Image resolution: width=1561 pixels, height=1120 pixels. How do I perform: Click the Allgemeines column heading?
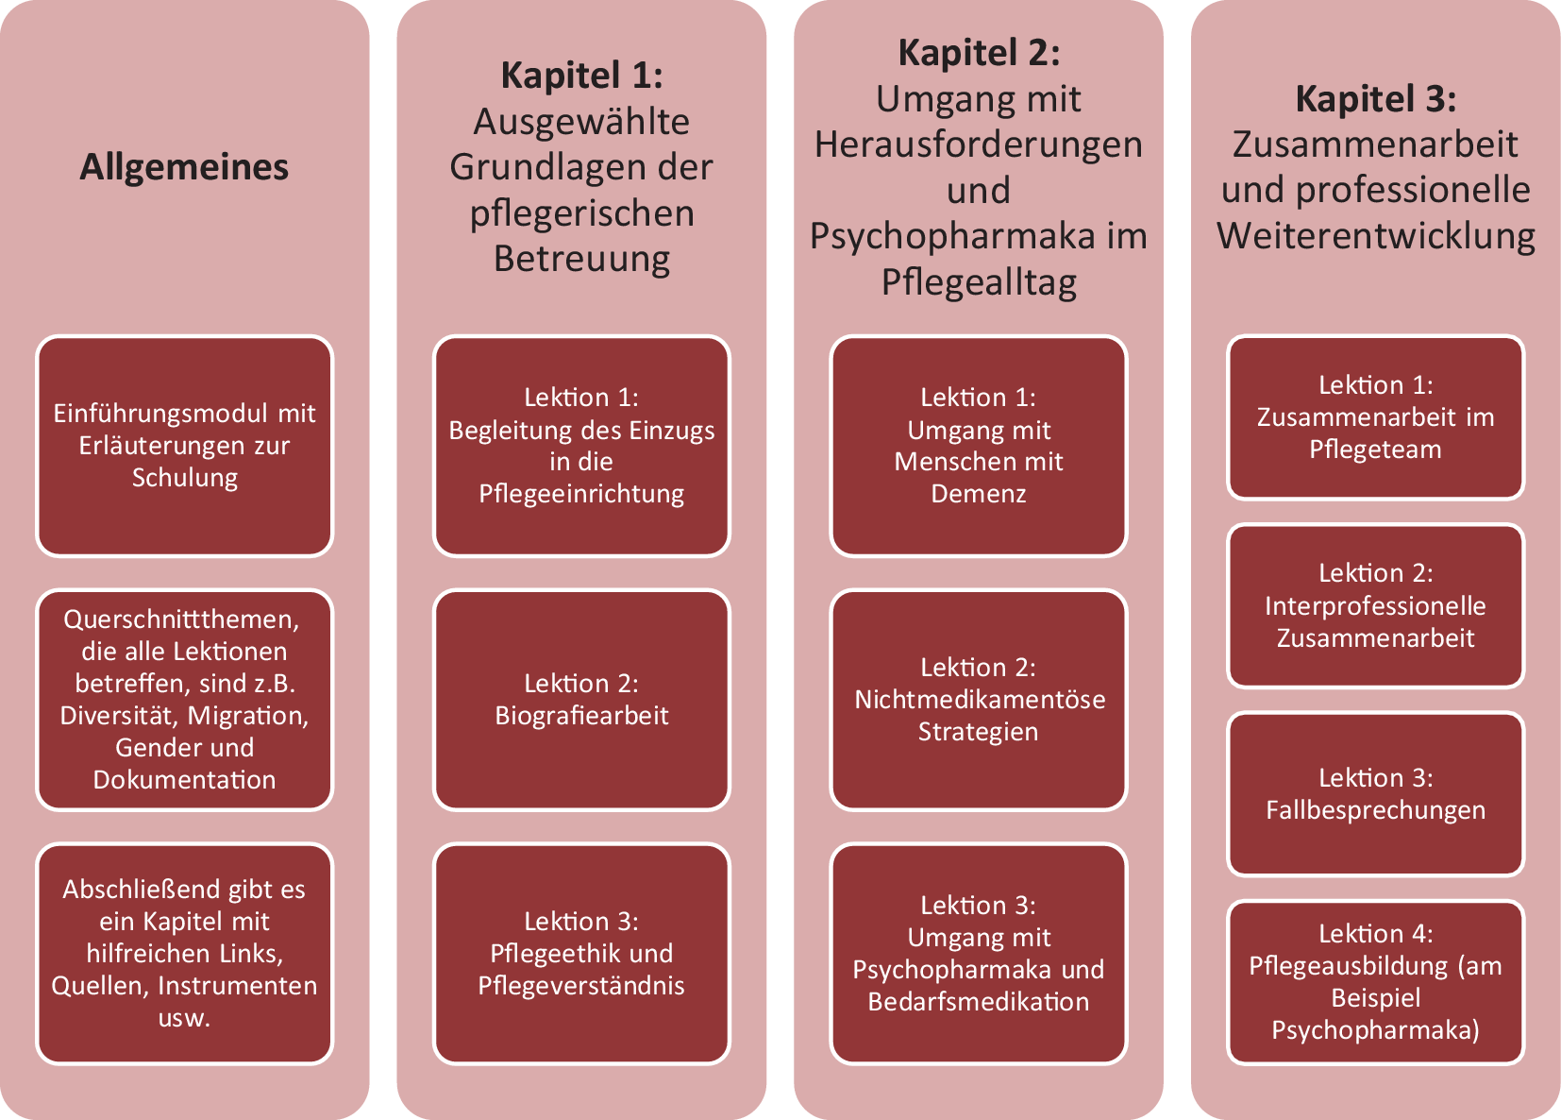[x=184, y=167]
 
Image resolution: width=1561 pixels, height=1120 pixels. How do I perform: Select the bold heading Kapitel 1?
[x=581, y=76]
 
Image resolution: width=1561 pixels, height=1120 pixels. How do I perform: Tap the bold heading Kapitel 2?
[x=979, y=53]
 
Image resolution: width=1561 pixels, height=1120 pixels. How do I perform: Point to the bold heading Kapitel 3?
[x=1375, y=98]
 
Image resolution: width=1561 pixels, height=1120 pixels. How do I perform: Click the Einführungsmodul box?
[x=185, y=446]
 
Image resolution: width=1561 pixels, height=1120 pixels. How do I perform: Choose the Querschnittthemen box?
[x=185, y=700]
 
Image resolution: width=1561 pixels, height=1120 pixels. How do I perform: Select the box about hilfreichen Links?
[x=185, y=953]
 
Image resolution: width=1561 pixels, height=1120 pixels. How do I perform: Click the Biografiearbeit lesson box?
[x=581, y=700]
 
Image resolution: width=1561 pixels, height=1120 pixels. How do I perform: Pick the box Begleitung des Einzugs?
[x=581, y=446]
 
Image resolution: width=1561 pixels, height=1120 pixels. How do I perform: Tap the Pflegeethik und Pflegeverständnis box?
[x=581, y=953]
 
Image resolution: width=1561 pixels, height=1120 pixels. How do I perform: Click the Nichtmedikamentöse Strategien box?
[x=979, y=700]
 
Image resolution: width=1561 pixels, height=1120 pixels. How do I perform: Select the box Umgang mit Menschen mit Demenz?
[x=979, y=446]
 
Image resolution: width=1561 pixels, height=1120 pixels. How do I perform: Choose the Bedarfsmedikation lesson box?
[x=979, y=953]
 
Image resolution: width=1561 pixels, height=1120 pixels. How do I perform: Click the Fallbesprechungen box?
[x=1375, y=794]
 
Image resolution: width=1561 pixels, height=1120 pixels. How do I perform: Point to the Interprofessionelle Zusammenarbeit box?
[x=1375, y=606]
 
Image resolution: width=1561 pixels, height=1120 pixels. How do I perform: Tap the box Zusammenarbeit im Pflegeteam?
[x=1375, y=417]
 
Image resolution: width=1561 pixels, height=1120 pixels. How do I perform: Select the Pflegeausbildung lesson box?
[x=1375, y=982]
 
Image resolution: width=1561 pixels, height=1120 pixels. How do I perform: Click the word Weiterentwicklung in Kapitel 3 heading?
[x=1375, y=235]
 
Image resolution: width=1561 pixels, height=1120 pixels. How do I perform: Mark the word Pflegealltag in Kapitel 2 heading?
[x=979, y=282]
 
